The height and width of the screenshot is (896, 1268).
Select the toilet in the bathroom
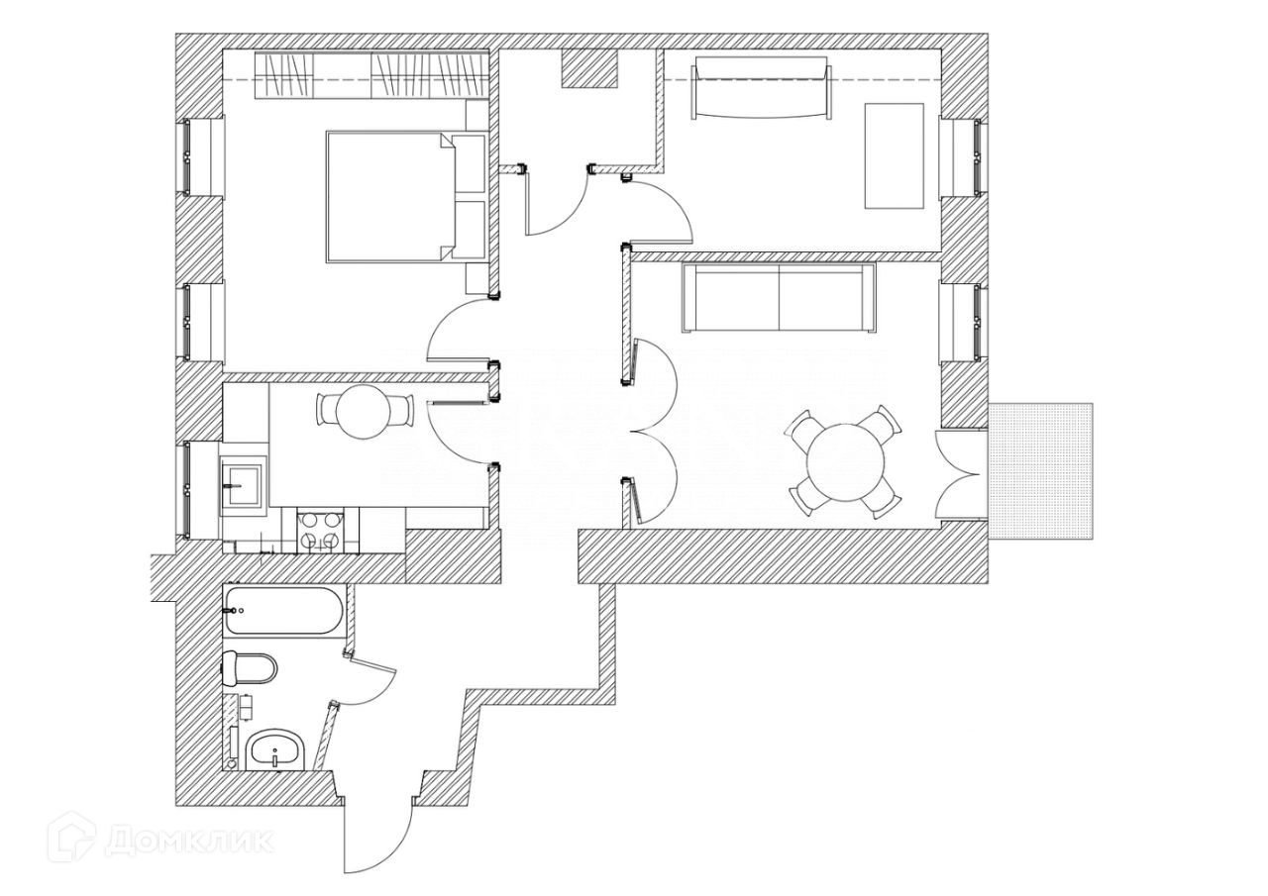click(250, 668)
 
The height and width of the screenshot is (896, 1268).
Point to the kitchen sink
click(242, 485)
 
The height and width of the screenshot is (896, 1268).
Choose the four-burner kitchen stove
click(321, 529)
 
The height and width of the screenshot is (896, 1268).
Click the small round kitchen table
click(363, 411)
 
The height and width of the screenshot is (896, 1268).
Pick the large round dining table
click(845, 463)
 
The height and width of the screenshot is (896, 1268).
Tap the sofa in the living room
click(778, 298)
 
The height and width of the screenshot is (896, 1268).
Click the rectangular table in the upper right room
click(895, 155)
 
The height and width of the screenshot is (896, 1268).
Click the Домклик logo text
click(188, 842)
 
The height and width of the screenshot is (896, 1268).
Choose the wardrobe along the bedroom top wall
click(371, 74)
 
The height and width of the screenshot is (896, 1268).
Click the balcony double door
click(961, 473)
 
